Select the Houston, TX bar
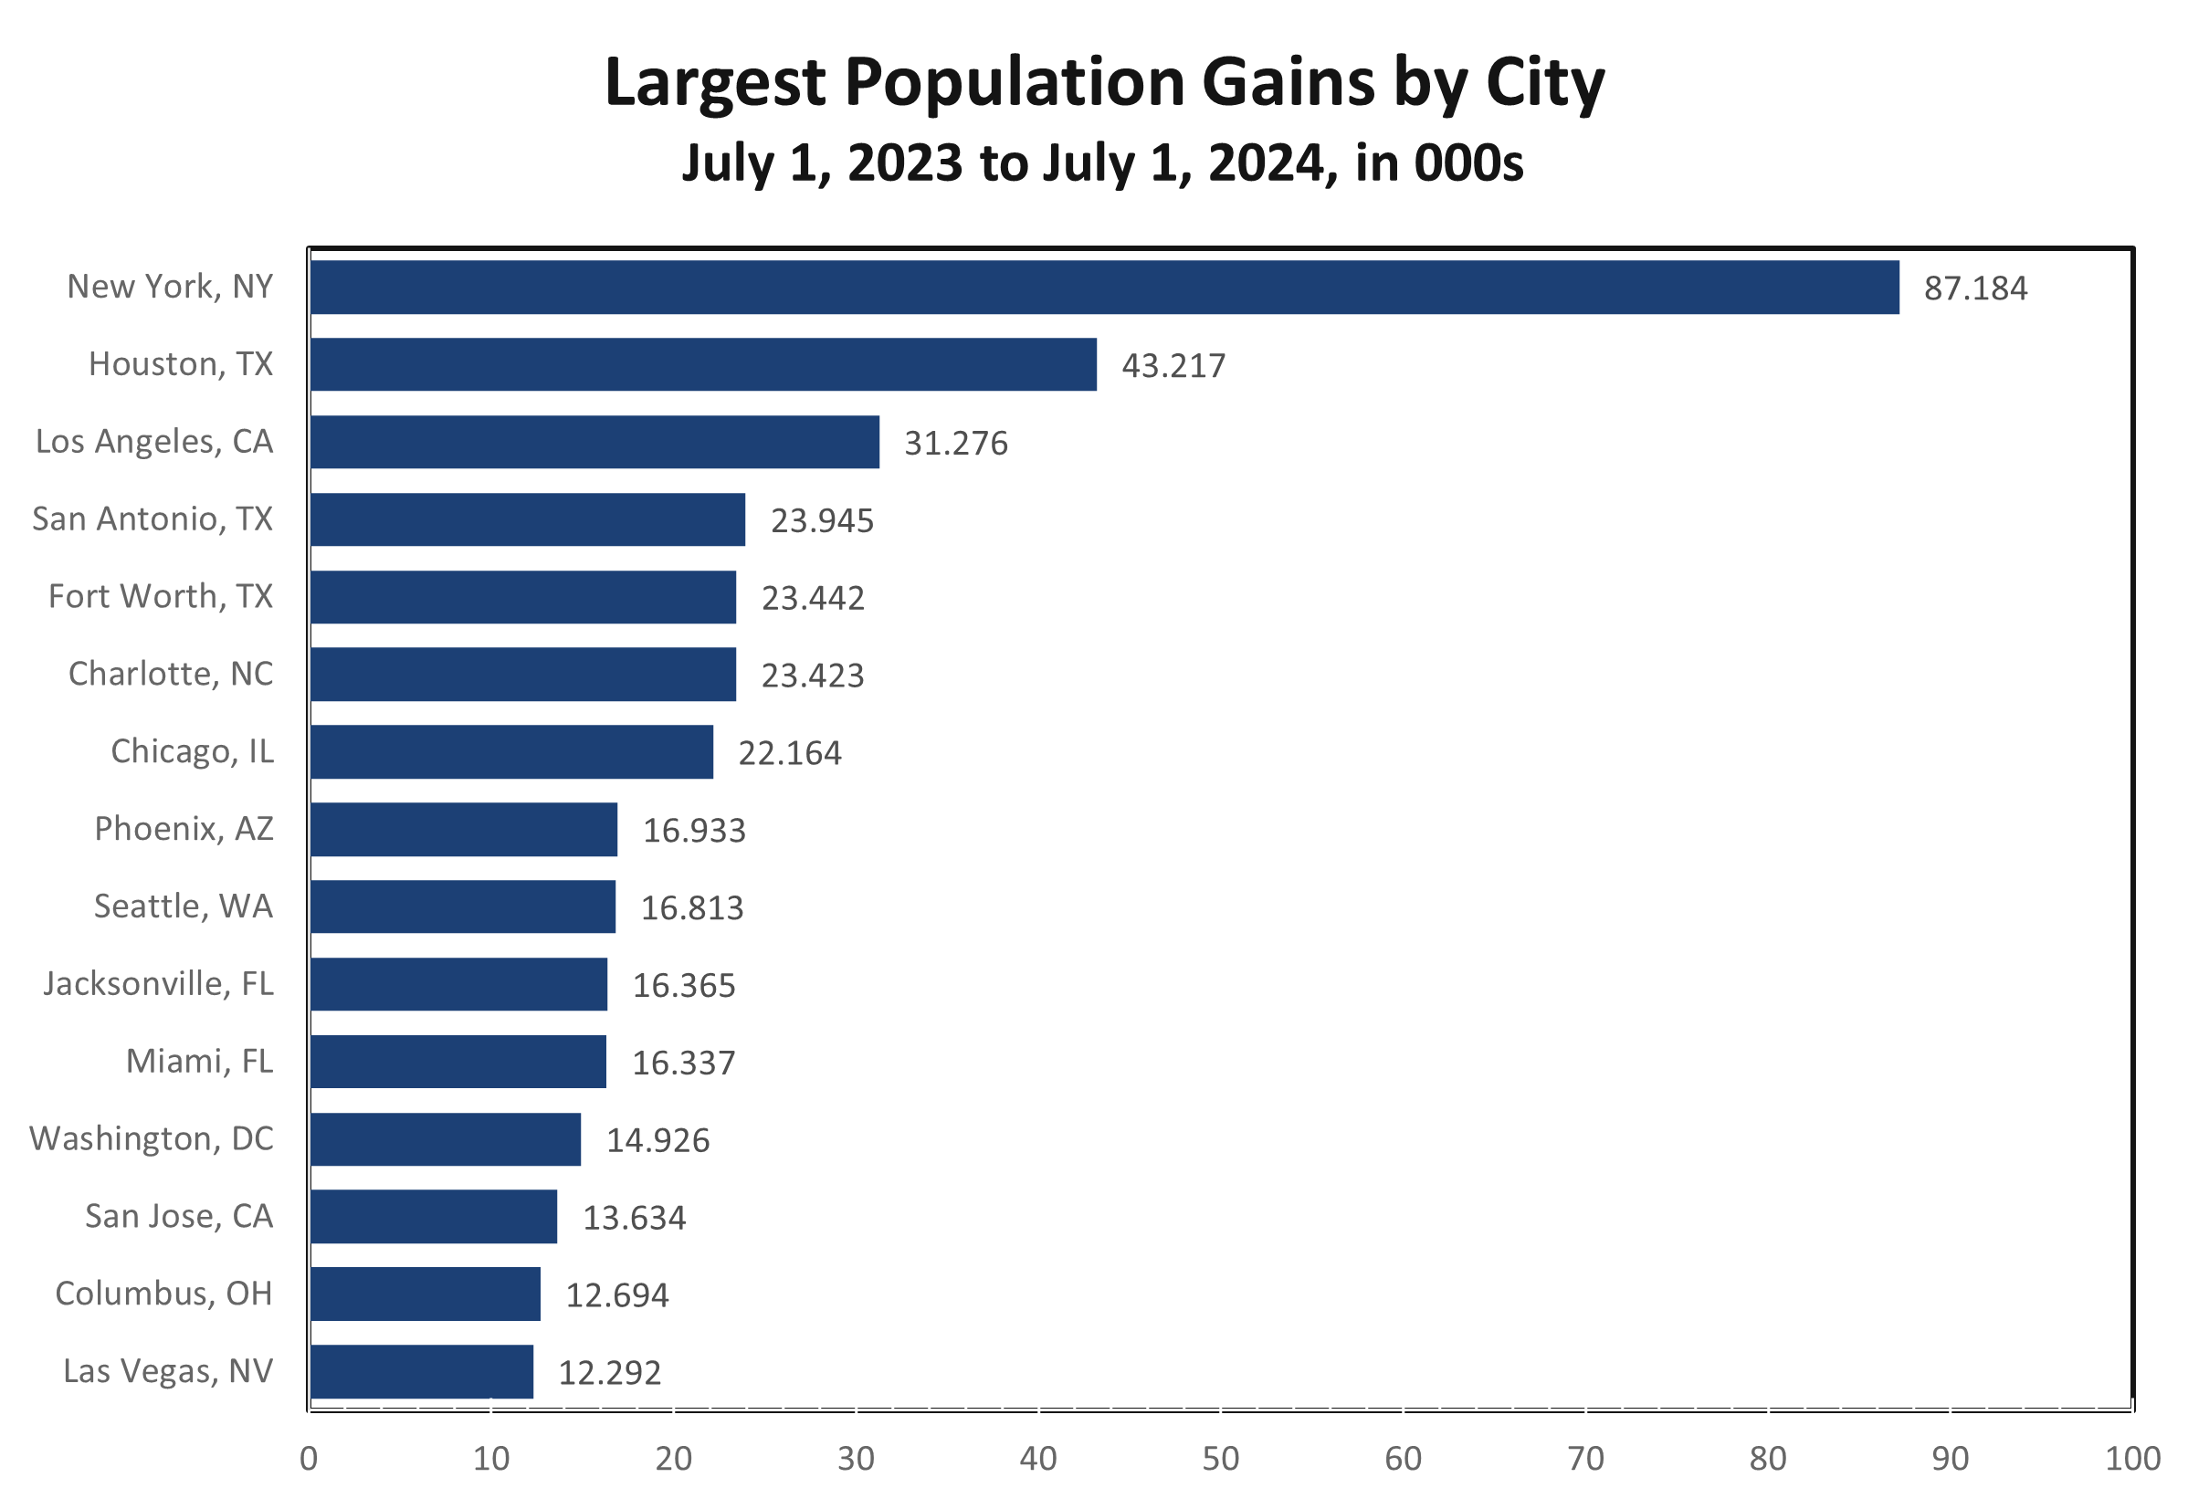click(703, 364)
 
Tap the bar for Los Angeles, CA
click(594, 442)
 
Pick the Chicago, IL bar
click(511, 751)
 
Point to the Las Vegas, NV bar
click(421, 1371)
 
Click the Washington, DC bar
click(445, 1139)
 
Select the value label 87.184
click(1975, 288)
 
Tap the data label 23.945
click(822, 520)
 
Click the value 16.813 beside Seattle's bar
click(692, 907)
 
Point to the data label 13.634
click(634, 1217)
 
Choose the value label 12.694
click(617, 1295)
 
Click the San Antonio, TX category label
click(153, 519)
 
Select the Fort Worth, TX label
click(161, 596)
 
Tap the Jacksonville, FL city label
click(158, 983)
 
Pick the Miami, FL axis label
click(200, 1061)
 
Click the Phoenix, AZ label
click(184, 829)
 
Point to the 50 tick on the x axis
click(1220, 1459)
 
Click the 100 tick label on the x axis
click(2133, 1459)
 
